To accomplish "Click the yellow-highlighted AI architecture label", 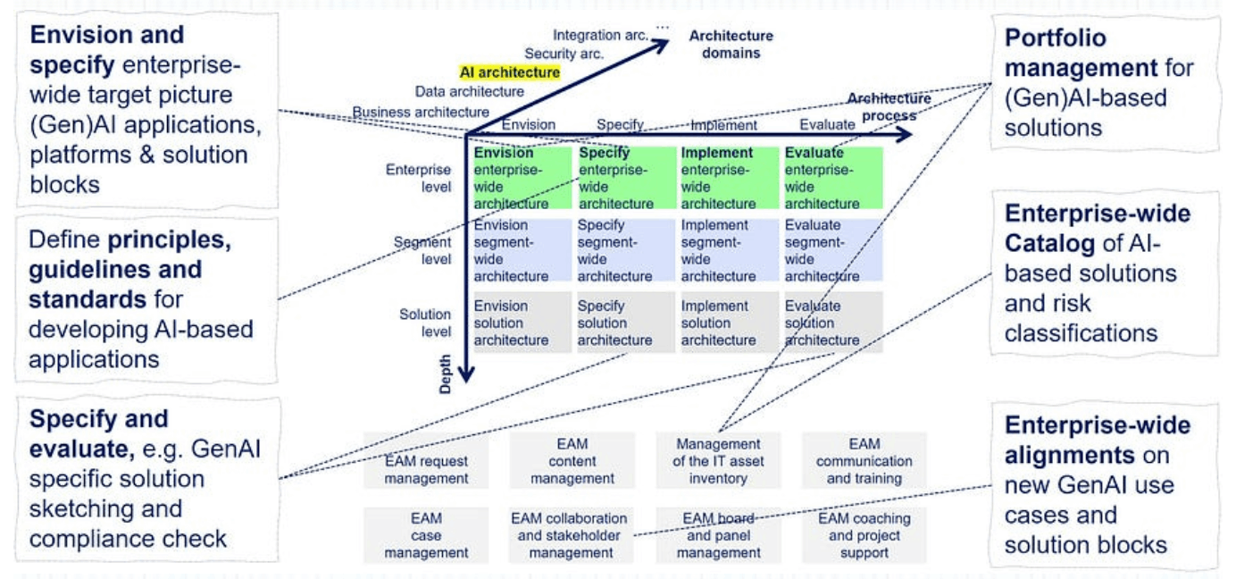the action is click(509, 72).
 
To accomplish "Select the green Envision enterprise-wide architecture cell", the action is click(522, 178).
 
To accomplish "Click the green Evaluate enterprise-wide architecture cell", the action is click(833, 178).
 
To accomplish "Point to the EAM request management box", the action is click(426, 460).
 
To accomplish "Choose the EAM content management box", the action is click(572, 460).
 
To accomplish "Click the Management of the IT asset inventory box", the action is click(718, 460).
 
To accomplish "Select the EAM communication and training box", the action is click(864, 460).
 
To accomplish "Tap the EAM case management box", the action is click(426, 535).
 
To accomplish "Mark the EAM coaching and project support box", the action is click(864, 535).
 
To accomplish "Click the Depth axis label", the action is click(445, 374).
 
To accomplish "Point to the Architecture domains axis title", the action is click(731, 44).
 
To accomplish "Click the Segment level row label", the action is click(422, 250).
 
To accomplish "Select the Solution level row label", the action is click(425, 323).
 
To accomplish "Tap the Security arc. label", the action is click(564, 54).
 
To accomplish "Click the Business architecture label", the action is click(421, 112).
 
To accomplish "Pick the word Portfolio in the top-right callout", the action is click(1055, 38).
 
